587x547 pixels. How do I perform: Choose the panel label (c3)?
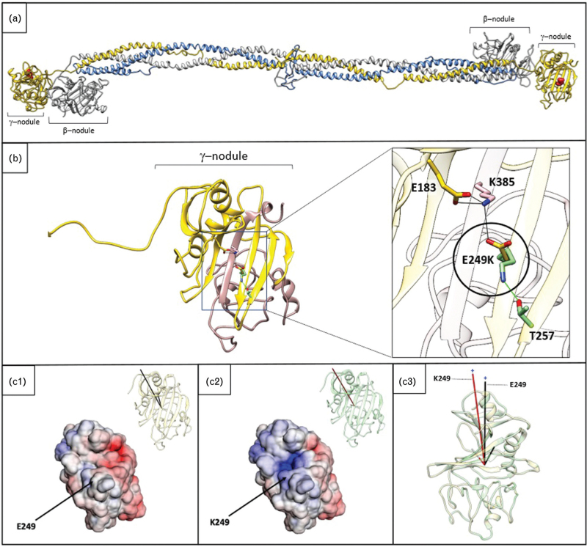[x=412, y=381]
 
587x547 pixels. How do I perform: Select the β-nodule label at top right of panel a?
[x=499, y=24]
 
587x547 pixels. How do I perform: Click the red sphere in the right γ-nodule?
[x=559, y=80]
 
